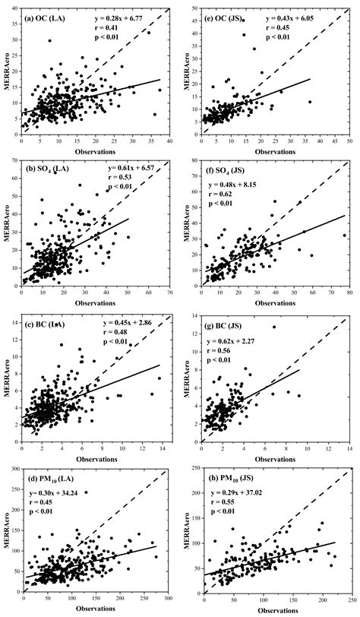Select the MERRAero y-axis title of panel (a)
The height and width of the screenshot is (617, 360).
click(x=7, y=73)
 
